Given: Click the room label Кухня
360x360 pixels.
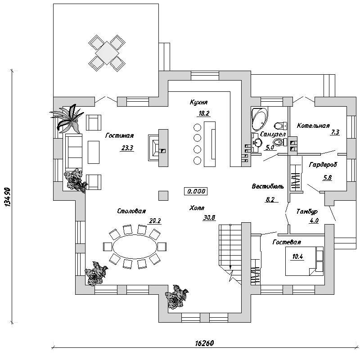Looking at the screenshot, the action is tap(199, 102).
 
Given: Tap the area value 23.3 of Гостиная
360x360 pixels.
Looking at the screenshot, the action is tap(127, 148).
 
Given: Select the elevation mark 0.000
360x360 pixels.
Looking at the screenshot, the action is tap(196, 191).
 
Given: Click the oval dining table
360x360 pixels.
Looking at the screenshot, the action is tap(135, 247).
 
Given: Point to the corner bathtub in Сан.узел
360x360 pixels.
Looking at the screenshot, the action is tap(260, 118).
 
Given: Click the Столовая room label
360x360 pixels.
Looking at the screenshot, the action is tap(131, 211).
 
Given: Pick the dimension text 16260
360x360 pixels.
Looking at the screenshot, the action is tap(205, 343).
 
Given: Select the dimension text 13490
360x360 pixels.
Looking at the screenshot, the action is tap(8, 198).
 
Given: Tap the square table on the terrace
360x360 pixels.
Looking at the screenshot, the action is tap(107, 53).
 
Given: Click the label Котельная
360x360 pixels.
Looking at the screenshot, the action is tap(313, 126).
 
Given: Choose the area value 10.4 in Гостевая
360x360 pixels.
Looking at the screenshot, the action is tap(297, 256).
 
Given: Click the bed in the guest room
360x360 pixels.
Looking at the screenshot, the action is tap(304, 261).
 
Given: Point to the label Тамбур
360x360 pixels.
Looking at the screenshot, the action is tap(307, 211).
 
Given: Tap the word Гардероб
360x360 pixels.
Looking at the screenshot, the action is tap(323, 165).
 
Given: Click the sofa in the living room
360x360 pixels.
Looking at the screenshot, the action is tap(74, 152).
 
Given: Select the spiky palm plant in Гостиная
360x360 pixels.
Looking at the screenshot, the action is tap(67, 119).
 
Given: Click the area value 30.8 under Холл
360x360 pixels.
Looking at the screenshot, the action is tap(209, 217).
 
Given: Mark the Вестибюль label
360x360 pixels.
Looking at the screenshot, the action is tap(268, 186).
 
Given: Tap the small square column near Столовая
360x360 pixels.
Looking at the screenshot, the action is tap(163, 196).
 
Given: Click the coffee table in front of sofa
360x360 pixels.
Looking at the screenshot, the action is tap(94, 152).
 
